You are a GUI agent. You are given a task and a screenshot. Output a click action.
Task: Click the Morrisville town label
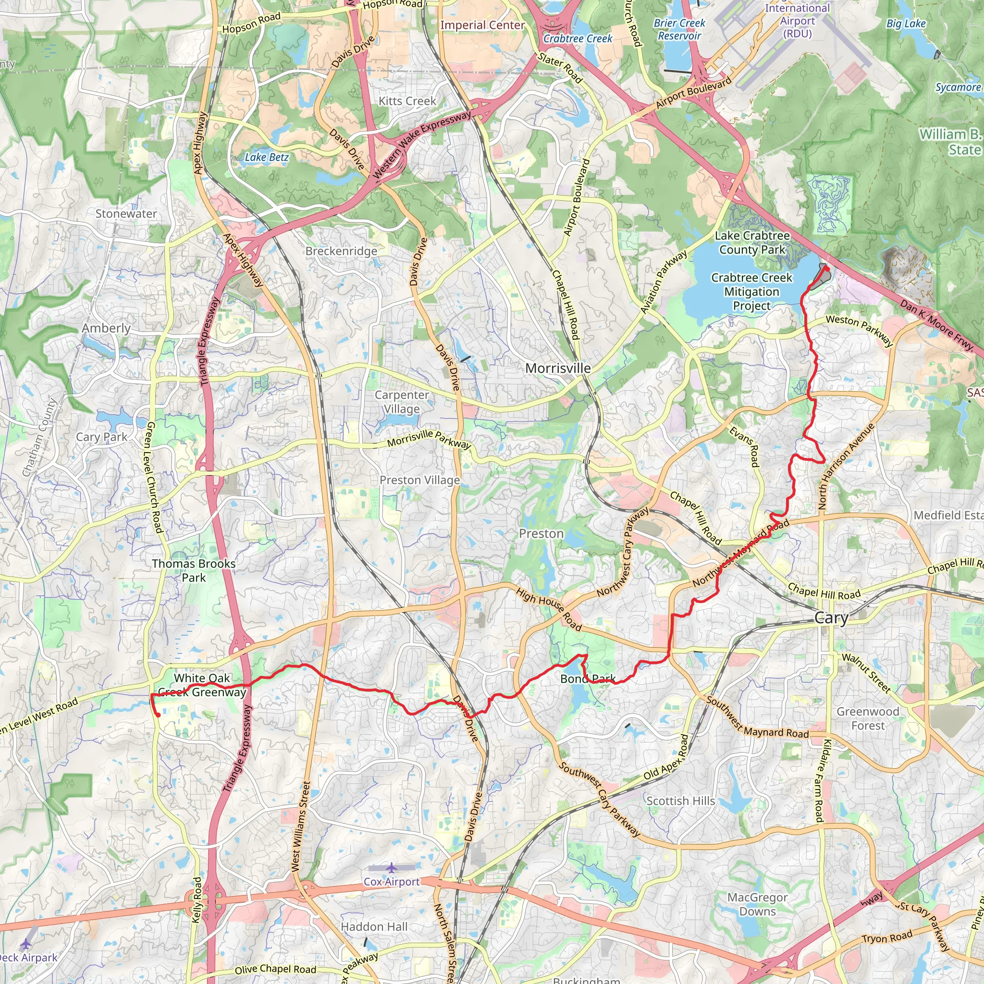tap(558, 368)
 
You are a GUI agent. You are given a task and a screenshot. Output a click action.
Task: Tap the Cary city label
tap(831, 618)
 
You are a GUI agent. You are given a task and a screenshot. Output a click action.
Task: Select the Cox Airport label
tap(391, 882)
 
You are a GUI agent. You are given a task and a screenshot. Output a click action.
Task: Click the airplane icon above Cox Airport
tap(391, 867)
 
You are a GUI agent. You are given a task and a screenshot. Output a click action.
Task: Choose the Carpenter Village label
tap(401, 402)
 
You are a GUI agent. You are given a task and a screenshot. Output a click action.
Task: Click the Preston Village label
tap(419, 480)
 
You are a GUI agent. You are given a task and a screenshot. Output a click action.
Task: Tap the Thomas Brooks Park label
tap(194, 570)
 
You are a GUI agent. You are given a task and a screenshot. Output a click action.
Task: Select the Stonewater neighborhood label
tap(126, 214)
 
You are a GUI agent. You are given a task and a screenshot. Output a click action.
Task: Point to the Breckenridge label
tap(341, 251)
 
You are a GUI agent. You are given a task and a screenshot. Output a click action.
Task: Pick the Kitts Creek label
tap(407, 101)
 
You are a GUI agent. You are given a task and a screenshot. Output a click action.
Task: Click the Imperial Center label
tap(482, 25)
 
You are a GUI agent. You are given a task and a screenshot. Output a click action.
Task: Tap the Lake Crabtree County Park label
tap(752, 243)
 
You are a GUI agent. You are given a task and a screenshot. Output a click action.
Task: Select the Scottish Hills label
tap(680, 800)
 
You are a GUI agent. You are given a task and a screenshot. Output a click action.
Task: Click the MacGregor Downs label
tap(757, 904)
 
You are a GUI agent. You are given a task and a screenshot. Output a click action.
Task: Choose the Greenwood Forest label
tap(868, 718)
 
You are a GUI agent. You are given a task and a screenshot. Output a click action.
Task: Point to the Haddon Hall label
tap(374, 926)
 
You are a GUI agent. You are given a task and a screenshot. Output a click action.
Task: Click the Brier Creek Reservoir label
tap(679, 29)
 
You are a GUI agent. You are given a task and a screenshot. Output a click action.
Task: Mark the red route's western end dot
tap(158, 715)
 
